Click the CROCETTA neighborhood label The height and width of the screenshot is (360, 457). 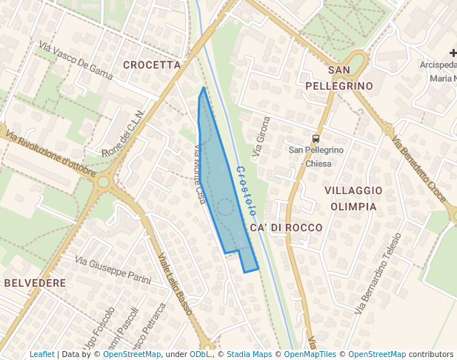(152, 65)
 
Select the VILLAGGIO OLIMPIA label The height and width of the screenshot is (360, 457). (353, 199)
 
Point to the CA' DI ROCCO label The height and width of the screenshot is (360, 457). (287, 228)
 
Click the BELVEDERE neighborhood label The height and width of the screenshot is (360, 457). (35, 283)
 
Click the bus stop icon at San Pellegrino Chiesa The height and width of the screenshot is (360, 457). (316, 139)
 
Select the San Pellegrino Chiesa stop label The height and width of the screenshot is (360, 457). (316, 156)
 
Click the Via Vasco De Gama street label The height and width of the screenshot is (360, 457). (75, 61)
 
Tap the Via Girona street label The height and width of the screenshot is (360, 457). (261, 137)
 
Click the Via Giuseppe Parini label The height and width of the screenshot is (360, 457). (113, 271)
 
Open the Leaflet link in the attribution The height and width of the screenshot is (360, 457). (42, 355)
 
